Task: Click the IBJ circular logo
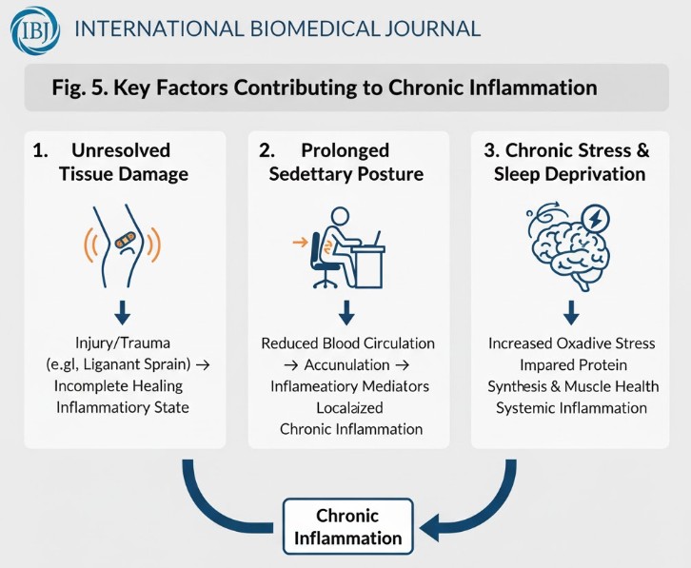coord(34,29)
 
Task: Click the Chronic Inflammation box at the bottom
coord(347,526)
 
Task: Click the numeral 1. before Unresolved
coord(39,150)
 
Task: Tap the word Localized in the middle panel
coord(350,407)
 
